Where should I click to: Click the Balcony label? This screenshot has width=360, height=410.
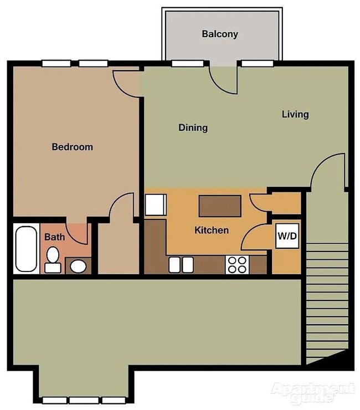click(x=220, y=34)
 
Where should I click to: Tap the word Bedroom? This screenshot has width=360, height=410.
click(x=72, y=147)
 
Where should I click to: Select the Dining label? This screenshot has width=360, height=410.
click(x=193, y=127)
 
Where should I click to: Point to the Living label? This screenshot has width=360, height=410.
click(x=295, y=114)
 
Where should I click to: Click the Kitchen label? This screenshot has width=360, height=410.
click(x=211, y=230)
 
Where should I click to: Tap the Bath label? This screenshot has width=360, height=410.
click(x=54, y=237)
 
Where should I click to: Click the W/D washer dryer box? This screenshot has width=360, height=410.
click(x=287, y=236)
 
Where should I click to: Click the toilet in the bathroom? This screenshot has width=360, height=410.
click(x=53, y=259)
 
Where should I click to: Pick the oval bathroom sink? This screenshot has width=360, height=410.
click(x=78, y=266)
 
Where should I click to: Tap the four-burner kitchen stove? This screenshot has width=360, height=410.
click(x=237, y=265)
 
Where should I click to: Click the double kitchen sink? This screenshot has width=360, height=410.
click(x=181, y=264)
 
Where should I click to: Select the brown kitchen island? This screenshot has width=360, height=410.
click(x=220, y=206)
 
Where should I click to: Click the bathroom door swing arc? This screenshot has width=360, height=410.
click(x=77, y=232)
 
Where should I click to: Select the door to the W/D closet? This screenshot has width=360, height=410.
click(x=256, y=237)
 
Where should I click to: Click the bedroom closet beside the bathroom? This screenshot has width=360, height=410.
click(x=118, y=247)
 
